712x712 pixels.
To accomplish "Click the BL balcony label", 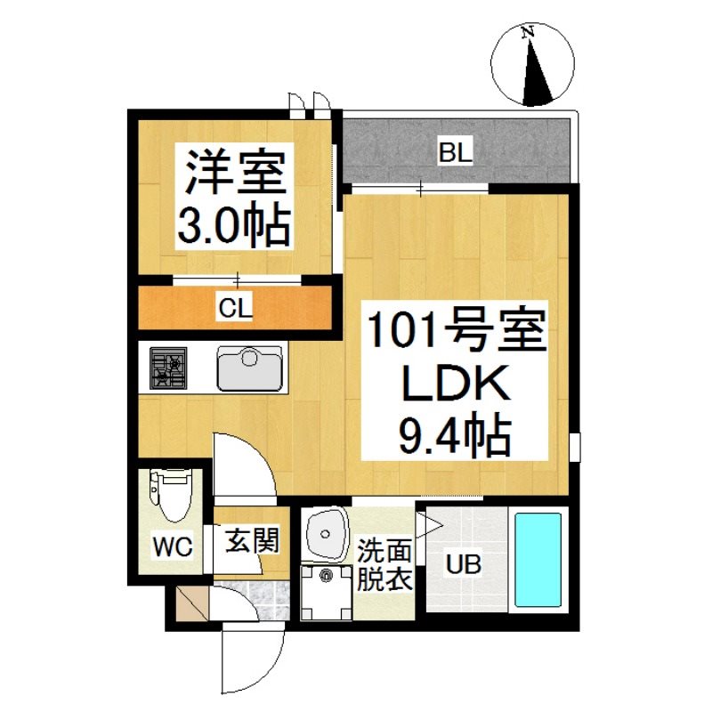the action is [x=456, y=151].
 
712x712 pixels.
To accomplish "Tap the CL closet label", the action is [x=235, y=308].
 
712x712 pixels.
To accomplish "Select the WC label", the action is [x=173, y=546].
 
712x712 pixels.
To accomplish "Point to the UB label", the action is [x=463, y=565].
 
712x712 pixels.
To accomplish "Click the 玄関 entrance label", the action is [x=253, y=540].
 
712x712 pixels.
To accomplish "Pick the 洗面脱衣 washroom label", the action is [x=384, y=565].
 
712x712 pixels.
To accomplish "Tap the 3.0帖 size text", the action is [x=234, y=226].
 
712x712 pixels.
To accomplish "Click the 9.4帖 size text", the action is [x=456, y=434].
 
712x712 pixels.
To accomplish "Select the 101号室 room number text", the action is [x=457, y=330].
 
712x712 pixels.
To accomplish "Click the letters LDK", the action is [x=456, y=384].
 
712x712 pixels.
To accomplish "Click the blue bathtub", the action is [x=538, y=560].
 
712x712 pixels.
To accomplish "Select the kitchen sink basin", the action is [x=249, y=368].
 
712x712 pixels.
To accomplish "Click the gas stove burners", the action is [x=168, y=368].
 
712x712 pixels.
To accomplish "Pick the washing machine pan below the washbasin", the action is [x=327, y=593].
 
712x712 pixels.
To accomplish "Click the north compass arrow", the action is [x=537, y=75].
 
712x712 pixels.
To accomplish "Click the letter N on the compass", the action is [x=527, y=32].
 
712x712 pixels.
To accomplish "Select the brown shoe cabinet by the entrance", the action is [x=192, y=604].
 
